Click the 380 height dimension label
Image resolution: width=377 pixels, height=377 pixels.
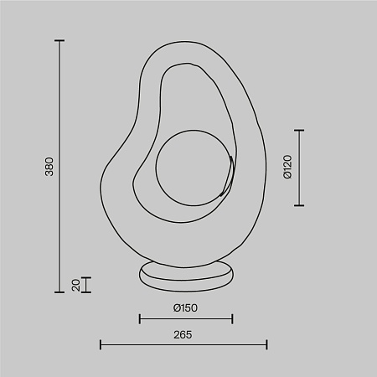pyautogui.click(x=48, y=168)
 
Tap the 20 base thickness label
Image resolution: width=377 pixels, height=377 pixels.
pyautogui.click(x=75, y=285)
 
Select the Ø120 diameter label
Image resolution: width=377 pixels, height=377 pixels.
pyautogui.click(x=287, y=168)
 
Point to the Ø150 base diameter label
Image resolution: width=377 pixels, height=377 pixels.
pyautogui.click(x=185, y=307)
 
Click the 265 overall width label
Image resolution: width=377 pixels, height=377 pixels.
pyautogui.click(x=183, y=334)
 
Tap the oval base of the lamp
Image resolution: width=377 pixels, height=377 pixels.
pyautogui.click(x=186, y=277)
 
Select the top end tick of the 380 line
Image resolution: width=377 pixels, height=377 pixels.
pyautogui.click(x=59, y=40)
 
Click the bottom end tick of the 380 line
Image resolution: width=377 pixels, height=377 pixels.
pyautogui.click(x=59, y=292)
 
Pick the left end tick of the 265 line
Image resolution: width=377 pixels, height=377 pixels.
pyautogui.click(x=101, y=344)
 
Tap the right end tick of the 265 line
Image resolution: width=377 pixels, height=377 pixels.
pyautogui.click(x=266, y=344)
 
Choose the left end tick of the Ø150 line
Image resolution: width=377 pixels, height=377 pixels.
pyautogui.click(x=139, y=318)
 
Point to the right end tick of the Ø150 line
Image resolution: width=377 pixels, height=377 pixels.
pyautogui.click(x=233, y=318)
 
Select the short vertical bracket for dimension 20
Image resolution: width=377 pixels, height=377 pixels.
pyautogui.click(x=86, y=285)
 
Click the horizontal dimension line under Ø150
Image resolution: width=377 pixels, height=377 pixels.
pyautogui.click(x=186, y=318)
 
